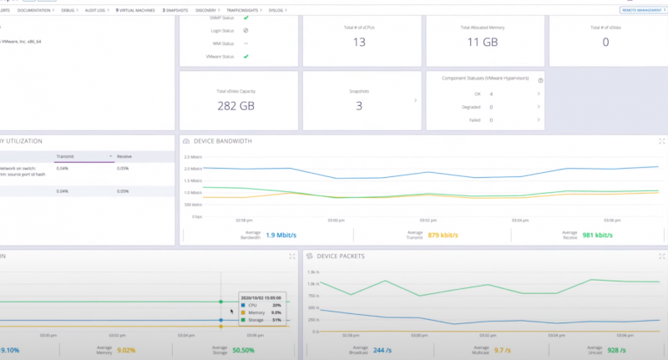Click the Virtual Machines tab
[x=137, y=10]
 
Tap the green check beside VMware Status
[x=245, y=56]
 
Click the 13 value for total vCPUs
[x=359, y=42]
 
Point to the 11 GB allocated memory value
[x=482, y=42]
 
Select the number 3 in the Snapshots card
[x=359, y=105]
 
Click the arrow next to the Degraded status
[x=539, y=107]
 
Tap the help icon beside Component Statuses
[x=540, y=80]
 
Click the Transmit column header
[x=65, y=155]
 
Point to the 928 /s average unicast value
[x=618, y=350]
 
